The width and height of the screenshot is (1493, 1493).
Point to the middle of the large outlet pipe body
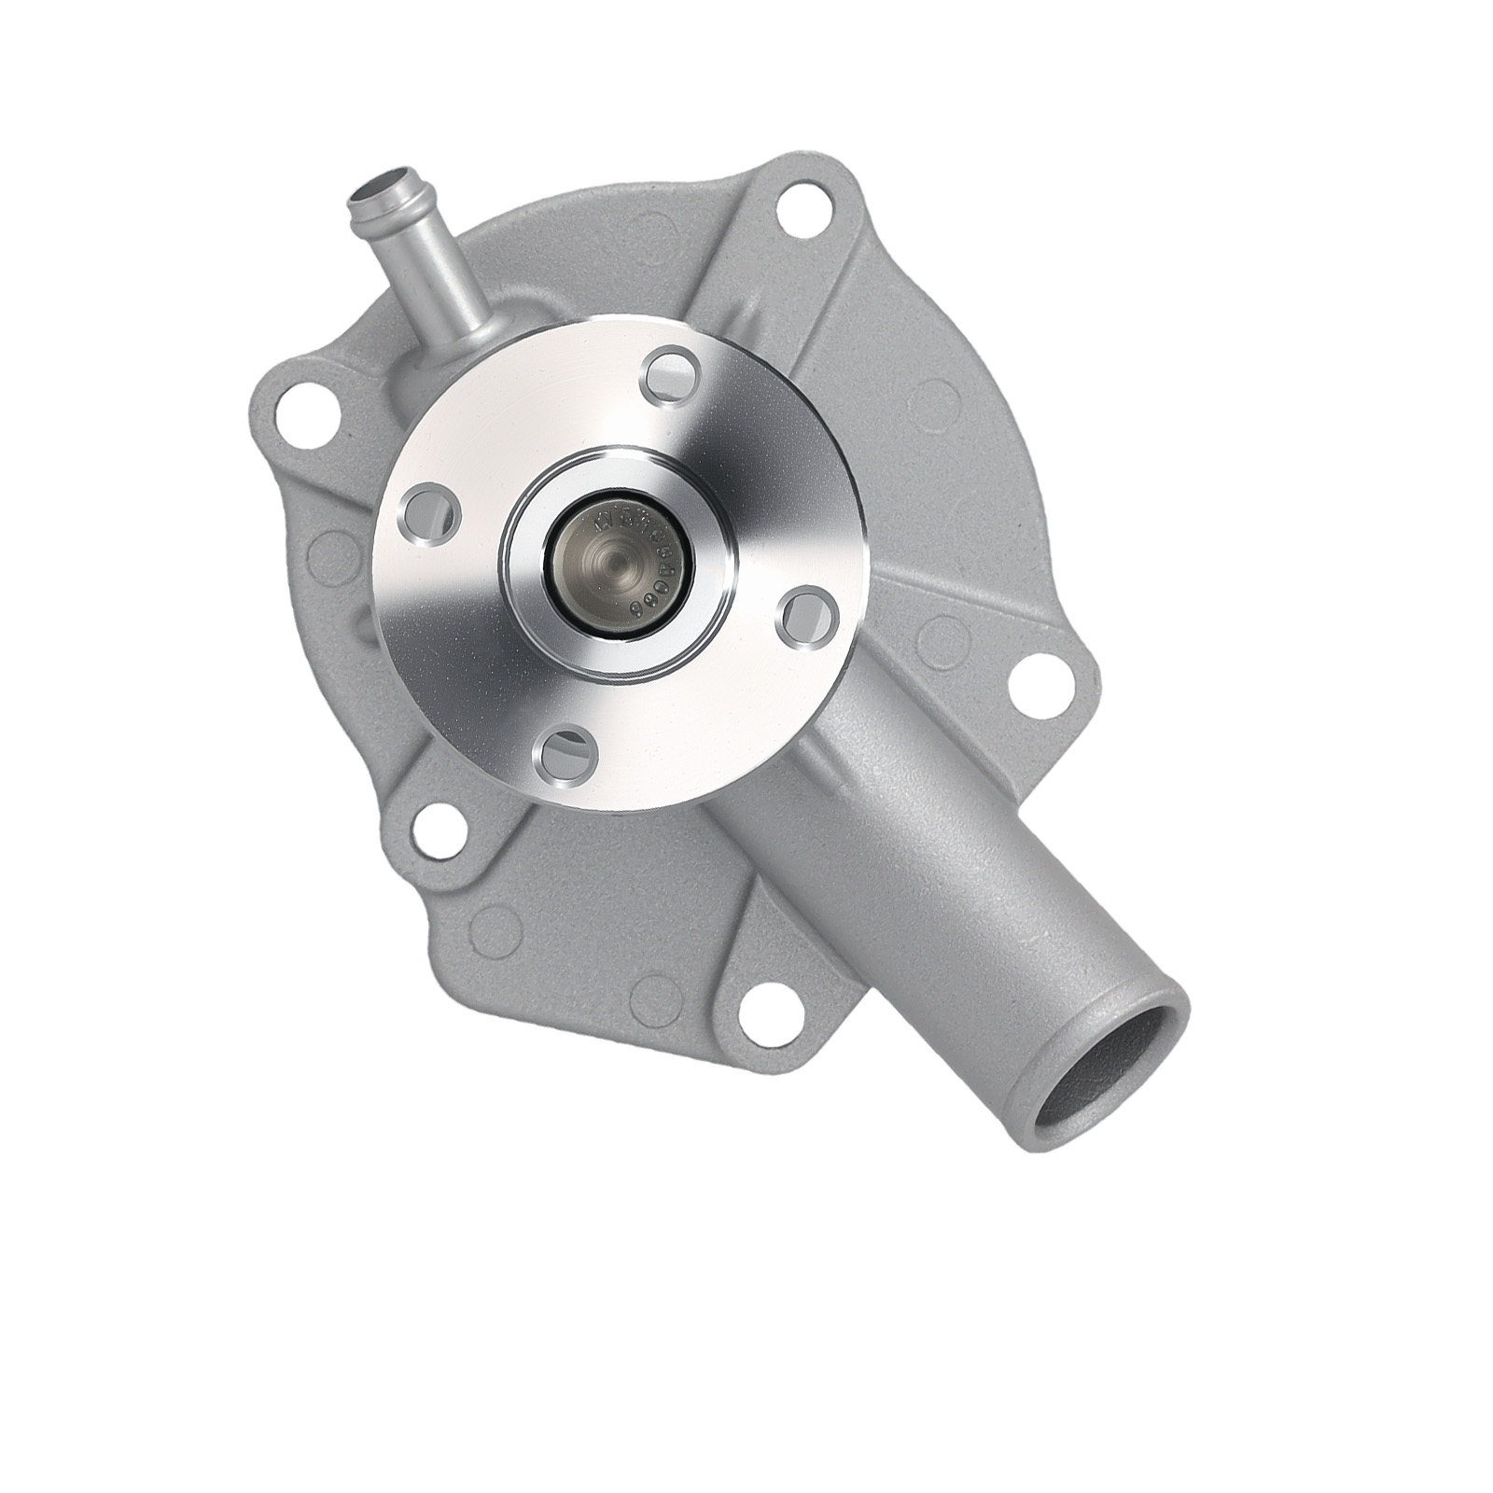click(942, 840)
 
